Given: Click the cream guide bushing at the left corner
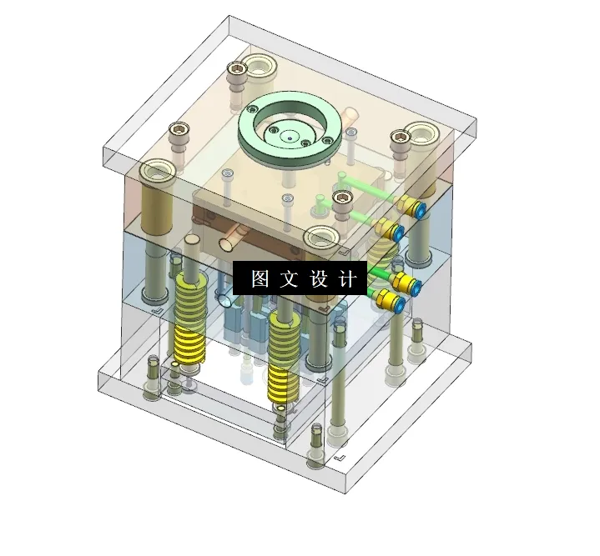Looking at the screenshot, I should click(157, 173).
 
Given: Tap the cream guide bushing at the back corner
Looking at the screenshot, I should click(260, 63).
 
